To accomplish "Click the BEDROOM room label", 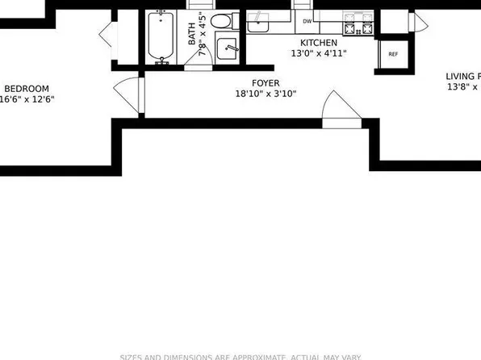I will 27,89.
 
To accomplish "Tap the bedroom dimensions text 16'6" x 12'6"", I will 27,100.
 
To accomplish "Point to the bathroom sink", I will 228,49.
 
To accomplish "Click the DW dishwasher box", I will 307,22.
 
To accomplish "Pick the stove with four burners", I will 359,23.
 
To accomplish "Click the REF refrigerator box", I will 393,54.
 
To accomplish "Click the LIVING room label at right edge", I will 462,77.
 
